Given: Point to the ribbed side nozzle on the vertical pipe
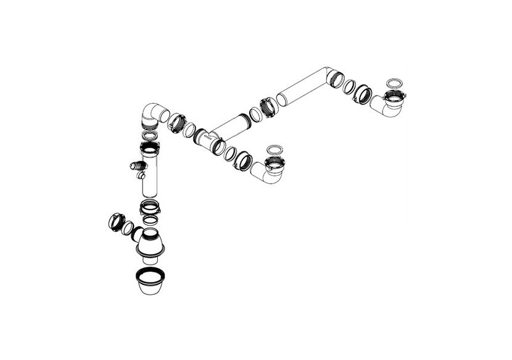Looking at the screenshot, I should tap(138, 166).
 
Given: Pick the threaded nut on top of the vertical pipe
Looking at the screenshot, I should tap(149, 149).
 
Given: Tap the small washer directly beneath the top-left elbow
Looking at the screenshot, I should tap(149, 135).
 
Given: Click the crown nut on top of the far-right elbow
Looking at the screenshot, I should tap(393, 97).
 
